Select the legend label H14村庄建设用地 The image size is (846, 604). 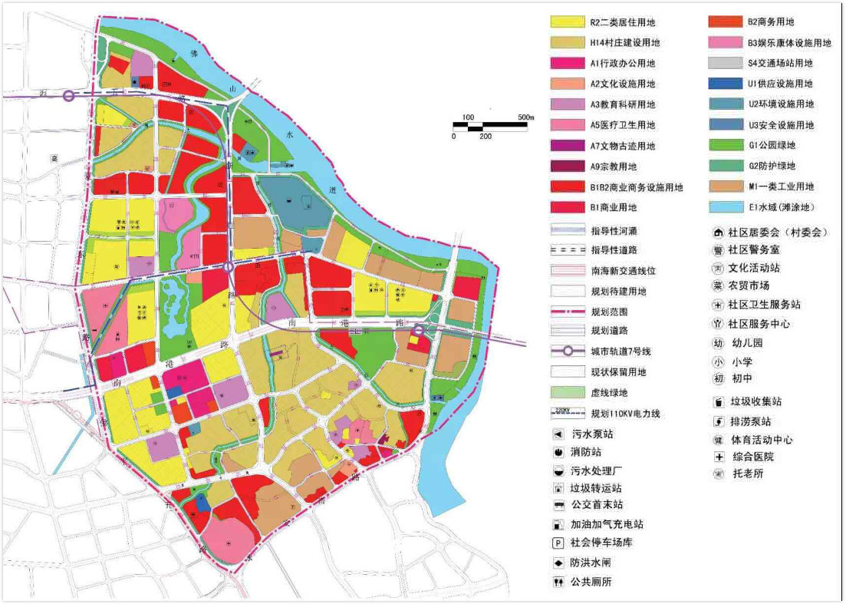624,44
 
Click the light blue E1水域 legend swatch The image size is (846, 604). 724,207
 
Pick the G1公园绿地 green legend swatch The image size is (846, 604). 724,146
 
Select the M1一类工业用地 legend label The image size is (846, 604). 780,186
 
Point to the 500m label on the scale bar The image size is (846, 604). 525,117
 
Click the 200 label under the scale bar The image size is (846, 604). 485,136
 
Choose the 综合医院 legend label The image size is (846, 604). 740,457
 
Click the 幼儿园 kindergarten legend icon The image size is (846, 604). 718,343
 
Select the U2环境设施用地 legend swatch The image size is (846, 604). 724,105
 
